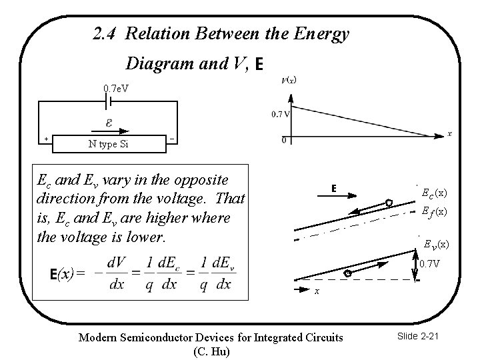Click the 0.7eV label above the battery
[116, 88]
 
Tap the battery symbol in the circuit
[109, 101]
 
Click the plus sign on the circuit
[46, 139]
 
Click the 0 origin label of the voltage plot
[284, 140]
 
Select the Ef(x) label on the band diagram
[434, 211]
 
